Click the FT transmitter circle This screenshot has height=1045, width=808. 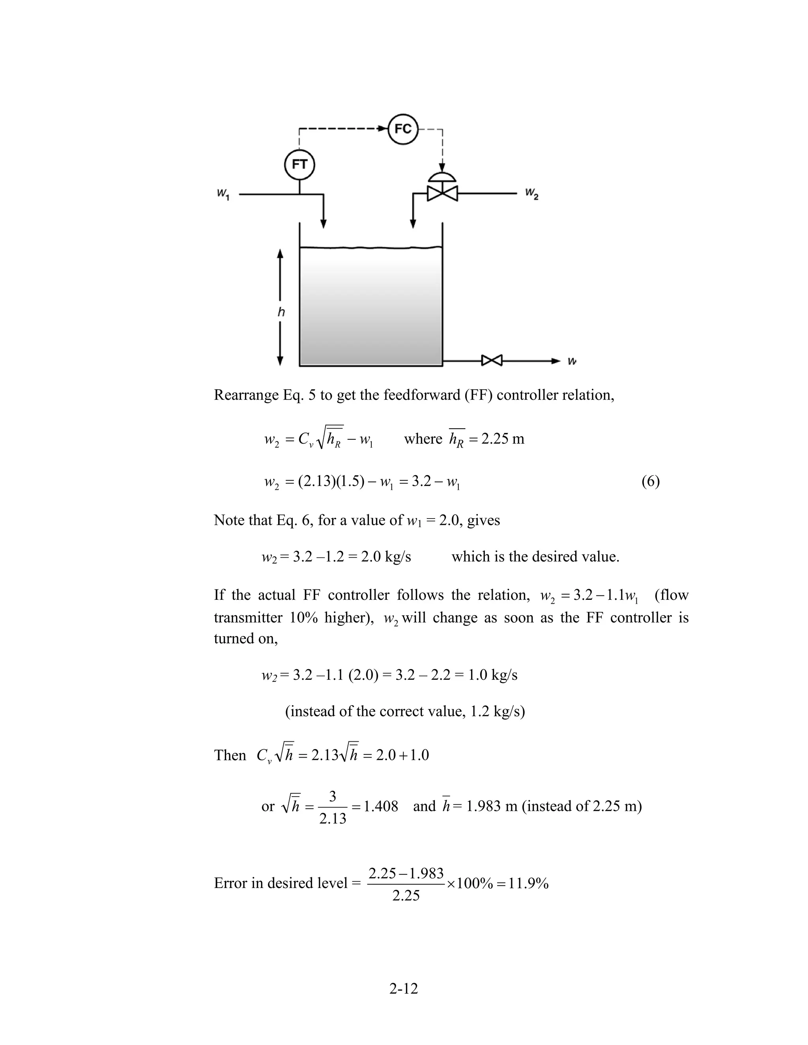(x=300, y=164)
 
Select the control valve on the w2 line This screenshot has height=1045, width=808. (x=442, y=193)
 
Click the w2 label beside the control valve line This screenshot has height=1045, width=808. (x=531, y=193)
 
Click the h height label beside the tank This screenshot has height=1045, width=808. (x=281, y=312)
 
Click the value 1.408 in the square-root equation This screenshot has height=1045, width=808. (x=381, y=806)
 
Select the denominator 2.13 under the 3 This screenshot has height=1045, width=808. (x=332, y=819)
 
